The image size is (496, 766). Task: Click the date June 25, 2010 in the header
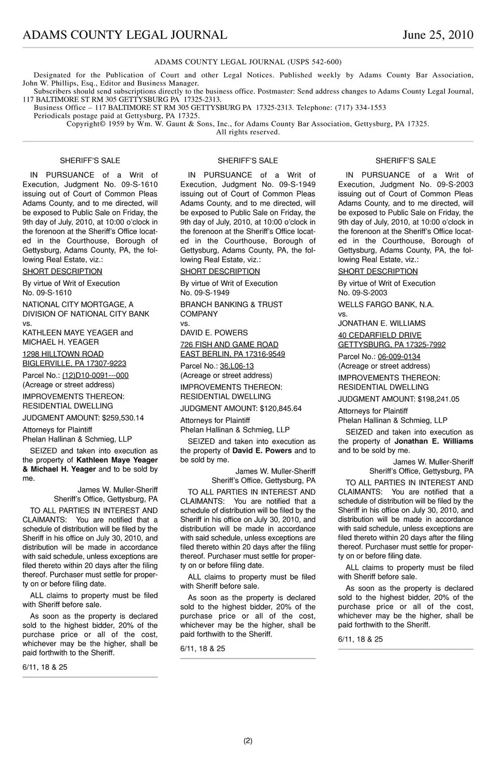(x=438, y=35)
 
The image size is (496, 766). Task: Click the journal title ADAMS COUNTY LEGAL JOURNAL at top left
(x=125, y=35)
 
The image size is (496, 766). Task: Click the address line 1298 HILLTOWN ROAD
(x=63, y=354)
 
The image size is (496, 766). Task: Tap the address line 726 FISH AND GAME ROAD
(x=229, y=345)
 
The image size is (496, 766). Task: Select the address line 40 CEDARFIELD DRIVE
(x=380, y=335)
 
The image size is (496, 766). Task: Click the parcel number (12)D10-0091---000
(x=95, y=376)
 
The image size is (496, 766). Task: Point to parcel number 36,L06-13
(x=237, y=366)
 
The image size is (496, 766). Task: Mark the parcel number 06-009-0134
(x=399, y=357)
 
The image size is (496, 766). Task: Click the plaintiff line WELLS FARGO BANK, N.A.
(x=386, y=305)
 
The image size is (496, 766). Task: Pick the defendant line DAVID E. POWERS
(x=214, y=333)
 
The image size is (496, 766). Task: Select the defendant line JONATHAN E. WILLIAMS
(x=382, y=323)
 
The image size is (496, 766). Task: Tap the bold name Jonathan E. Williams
(x=433, y=442)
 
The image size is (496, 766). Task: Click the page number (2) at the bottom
(x=248, y=741)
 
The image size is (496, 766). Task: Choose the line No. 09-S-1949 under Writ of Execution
(x=205, y=293)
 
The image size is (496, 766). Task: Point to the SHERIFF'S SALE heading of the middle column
(x=247, y=161)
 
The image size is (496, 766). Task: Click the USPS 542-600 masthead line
(x=248, y=62)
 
